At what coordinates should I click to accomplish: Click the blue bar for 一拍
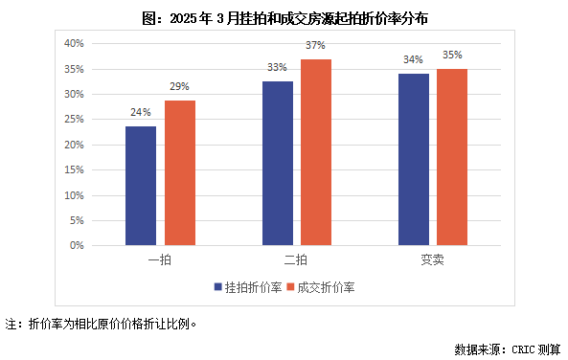tap(141, 186)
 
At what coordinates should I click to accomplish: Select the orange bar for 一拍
tap(179, 173)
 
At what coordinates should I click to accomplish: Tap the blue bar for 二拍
tap(278, 163)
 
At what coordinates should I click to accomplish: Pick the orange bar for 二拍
tap(316, 152)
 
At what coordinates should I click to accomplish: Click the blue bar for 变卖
tap(414, 160)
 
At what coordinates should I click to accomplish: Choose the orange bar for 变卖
tap(452, 157)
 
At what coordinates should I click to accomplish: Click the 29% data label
tap(179, 85)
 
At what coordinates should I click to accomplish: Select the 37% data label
tap(316, 44)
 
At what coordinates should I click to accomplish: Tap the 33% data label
tap(278, 67)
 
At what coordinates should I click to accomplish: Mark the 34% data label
tap(414, 58)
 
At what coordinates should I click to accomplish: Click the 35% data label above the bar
tap(452, 55)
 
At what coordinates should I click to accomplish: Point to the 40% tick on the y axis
tap(74, 44)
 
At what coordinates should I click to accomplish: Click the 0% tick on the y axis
tap(77, 245)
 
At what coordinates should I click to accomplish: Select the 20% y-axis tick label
tap(74, 145)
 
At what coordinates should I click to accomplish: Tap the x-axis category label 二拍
tap(297, 259)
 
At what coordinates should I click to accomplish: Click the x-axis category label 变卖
tap(433, 259)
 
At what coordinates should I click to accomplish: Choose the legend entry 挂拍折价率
tap(247, 286)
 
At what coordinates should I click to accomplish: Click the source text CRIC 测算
tap(532, 349)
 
